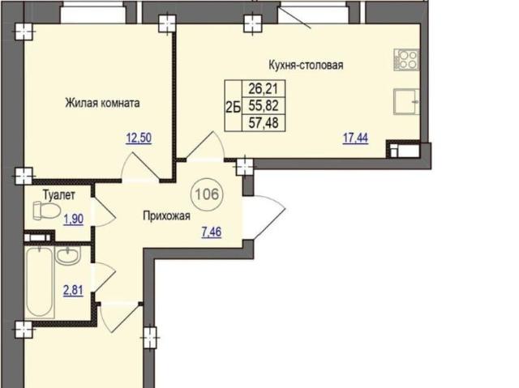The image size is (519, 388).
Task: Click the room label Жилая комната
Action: click(x=102, y=103)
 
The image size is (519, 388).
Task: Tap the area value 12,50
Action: click(x=139, y=138)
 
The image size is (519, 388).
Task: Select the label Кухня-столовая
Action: click(x=306, y=65)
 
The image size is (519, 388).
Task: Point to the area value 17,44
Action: click(x=355, y=138)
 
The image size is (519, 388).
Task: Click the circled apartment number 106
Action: click(x=208, y=194)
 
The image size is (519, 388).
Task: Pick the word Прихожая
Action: click(x=166, y=216)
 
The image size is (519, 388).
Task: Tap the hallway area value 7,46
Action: click(x=212, y=232)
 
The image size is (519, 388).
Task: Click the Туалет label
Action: click(x=59, y=195)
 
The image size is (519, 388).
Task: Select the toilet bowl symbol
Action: click(x=47, y=211)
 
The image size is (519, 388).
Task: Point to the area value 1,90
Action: click(x=74, y=219)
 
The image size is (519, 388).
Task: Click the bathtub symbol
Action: click(x=40, y=282)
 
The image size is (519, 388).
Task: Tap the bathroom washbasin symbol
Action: click(x=67, y=255)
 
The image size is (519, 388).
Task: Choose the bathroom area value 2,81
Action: click(x=73, y=291)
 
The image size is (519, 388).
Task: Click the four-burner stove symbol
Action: click(x=406, y=60)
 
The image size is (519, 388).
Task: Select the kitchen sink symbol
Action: click(x=406, y=102)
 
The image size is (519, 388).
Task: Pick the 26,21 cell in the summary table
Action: click(x=264, y=88)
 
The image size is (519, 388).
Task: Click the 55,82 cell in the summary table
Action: click(x=264, y=106)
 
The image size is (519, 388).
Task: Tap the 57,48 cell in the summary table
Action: click(x=264, y=123)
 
